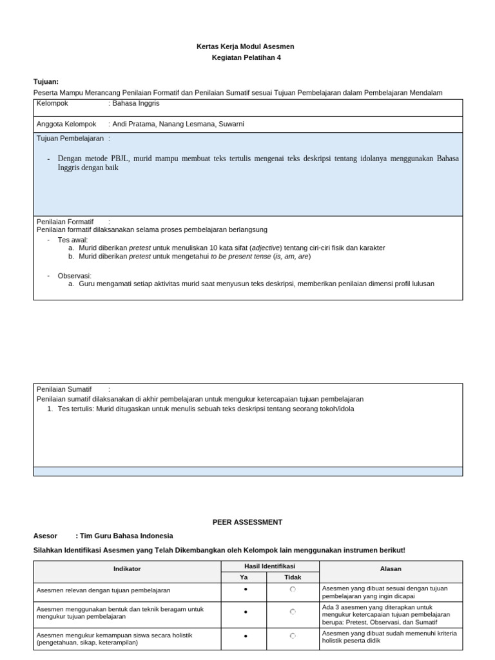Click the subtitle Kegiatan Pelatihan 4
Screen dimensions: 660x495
pos(247,57)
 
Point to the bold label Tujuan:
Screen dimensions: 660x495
pos(46,82)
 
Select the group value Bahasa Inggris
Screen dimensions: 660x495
pos(136,103)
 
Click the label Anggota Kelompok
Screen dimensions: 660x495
pos(66,124)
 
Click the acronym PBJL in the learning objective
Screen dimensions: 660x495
pos(119,159)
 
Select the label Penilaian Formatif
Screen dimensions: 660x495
pos(65,222)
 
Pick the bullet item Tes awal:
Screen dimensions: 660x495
pos(72,239)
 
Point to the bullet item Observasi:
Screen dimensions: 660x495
pos(75,275)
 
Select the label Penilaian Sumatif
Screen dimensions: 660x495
pos(64,389)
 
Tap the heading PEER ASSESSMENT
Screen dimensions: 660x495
pos(247,522)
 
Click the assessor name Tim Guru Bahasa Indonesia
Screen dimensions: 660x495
pos(126,536)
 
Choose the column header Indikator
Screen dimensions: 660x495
pos(127,569)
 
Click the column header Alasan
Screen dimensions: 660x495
pos(391,569)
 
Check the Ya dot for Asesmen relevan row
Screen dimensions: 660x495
pos(246,589)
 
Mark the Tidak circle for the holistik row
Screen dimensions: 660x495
pos(293,636)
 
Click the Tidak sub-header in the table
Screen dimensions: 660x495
pos(293,577)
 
